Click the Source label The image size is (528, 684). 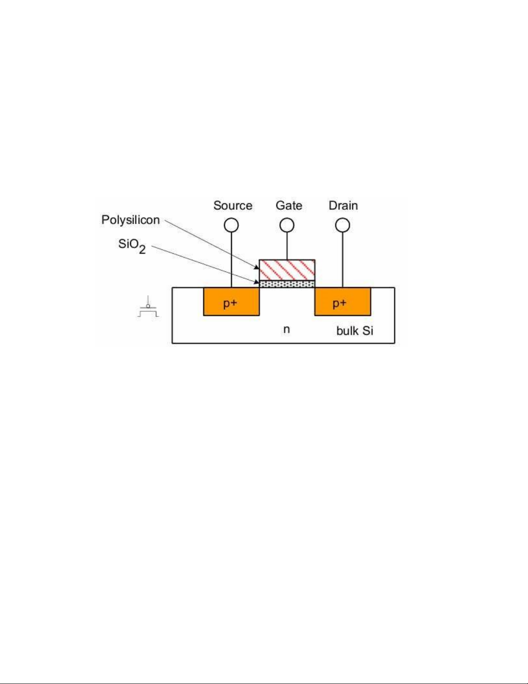(x=233, y=205)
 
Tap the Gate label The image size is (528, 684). (x=289, y=205)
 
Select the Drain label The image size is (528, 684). (x=343, y=205)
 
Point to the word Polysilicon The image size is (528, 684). (x=131, y=220)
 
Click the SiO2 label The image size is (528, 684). (x=132, y=246)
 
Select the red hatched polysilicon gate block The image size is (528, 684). (x=287, y=270)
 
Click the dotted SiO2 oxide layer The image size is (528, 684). (x=287, y=284)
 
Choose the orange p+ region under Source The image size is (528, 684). (x=231, y=302)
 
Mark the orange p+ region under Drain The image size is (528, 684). (x=343, y=302)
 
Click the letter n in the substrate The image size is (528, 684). (x=286, y=330)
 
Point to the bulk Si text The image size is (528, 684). (x=355, y=331)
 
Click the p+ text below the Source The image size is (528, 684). (x=230, y=303)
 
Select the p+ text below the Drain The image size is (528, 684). (x=340, y=303)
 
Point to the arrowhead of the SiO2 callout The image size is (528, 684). (x=257, y=282)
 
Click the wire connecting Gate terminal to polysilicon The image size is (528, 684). (x=287, y=246)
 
